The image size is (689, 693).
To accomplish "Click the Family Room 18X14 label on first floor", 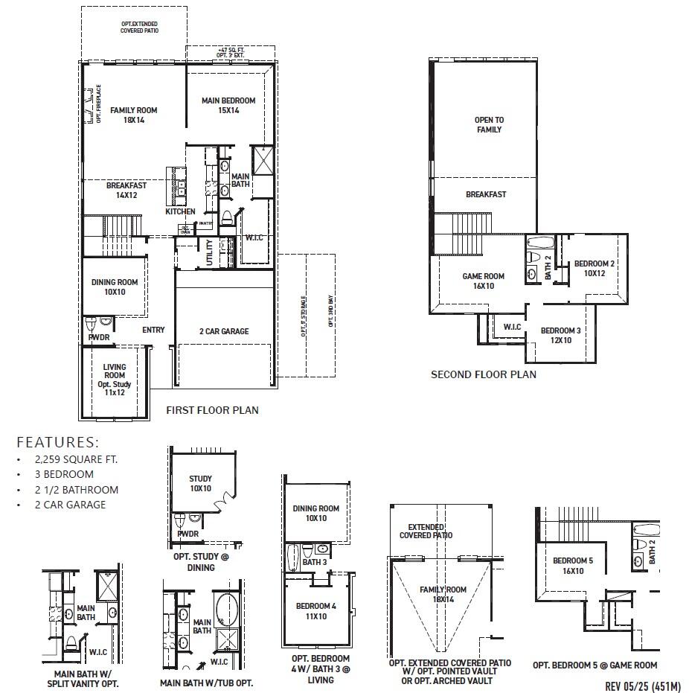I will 134,115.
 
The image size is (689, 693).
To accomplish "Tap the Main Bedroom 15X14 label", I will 228,105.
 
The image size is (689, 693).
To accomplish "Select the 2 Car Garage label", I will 224,331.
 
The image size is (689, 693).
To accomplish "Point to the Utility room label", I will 210,253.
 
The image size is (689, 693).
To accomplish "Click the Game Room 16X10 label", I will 483,281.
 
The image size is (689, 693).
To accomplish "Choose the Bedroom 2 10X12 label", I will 594,268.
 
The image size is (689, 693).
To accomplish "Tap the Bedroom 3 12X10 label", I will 561,335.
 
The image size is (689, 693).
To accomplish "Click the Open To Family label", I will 489,124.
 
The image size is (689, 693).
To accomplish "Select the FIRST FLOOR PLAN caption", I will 212,410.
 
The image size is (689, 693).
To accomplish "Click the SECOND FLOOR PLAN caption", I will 483,374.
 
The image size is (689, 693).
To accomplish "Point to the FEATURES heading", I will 57,441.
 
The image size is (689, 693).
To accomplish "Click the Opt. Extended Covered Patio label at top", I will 140,28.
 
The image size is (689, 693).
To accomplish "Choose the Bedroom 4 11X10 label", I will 316,611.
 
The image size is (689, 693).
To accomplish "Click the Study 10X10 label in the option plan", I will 201,484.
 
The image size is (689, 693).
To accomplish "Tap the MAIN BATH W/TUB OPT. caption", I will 206,683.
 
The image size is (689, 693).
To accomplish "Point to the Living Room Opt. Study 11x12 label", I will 115,380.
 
